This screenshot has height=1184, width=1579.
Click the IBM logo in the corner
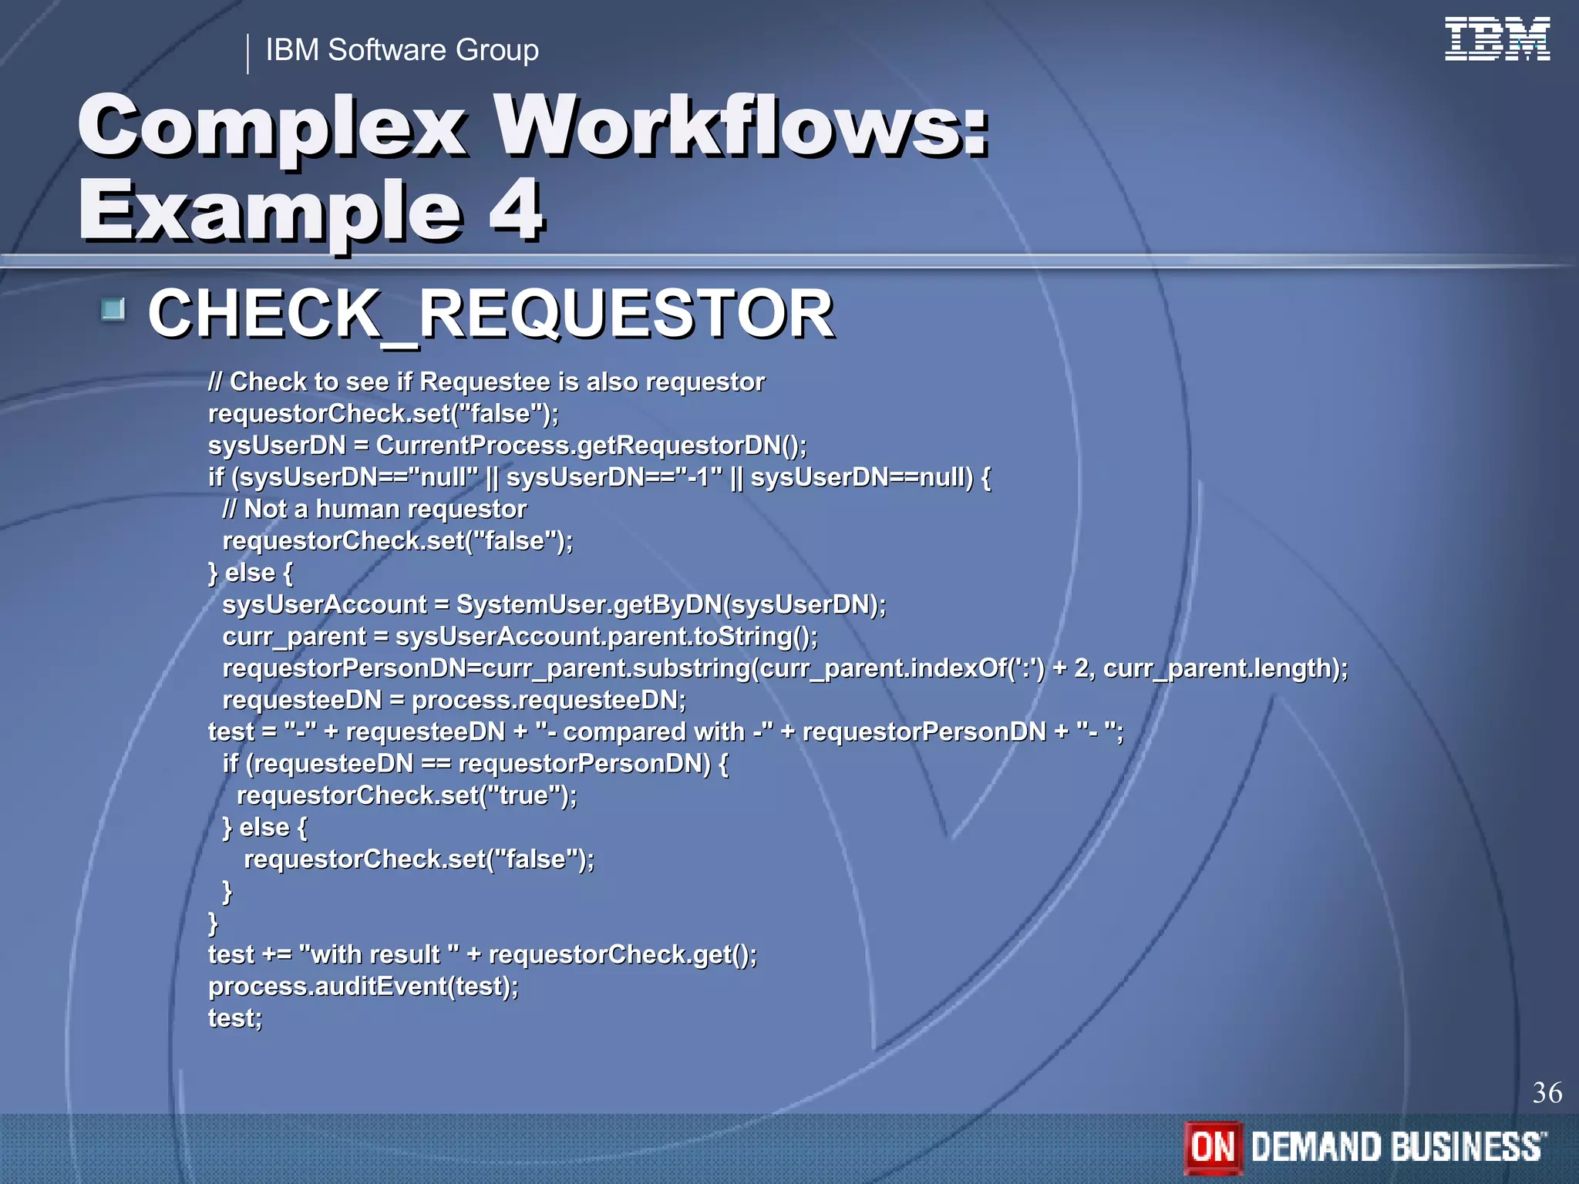point(1497,39)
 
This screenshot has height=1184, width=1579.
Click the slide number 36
point(1547,1092)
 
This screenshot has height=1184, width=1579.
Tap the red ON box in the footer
point(1213,1147)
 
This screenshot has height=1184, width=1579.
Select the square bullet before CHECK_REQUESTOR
point(113,310)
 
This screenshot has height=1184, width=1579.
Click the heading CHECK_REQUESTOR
point(490,314)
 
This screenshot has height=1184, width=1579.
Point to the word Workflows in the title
point(740,126)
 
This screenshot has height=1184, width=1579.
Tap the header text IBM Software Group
point(402,50)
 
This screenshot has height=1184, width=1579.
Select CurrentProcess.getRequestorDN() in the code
point(591,446)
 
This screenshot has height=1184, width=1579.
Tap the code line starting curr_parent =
point(520,637)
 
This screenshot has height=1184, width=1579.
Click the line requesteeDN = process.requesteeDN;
point(453,700)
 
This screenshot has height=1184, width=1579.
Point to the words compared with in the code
point(654,732)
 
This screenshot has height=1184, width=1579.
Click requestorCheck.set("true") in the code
point(406,795)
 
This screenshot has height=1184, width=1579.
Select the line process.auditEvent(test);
point(363,987)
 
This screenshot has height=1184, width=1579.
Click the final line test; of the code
point(235,1018)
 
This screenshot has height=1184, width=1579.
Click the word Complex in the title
point(271,126)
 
